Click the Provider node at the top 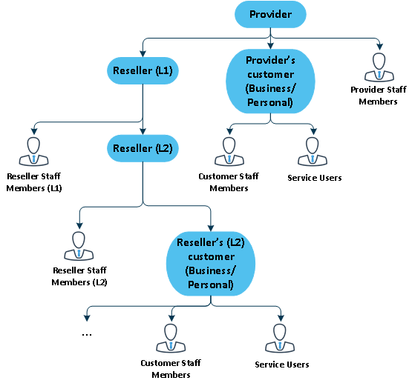click(270, 14)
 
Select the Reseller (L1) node click(143, 70)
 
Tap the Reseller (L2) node click(143, 148)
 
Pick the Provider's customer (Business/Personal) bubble click(270, 81)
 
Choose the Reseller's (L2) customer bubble click(211, 264)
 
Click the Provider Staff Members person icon click(379, 67)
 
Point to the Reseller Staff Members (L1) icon click(34, 151)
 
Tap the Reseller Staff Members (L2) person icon click(79, 246)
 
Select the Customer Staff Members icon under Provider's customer click(229, 151)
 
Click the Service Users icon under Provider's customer click(313, 151)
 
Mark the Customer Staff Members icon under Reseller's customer click(171, 339)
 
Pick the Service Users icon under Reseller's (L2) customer click(280, 339)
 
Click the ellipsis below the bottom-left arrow click(87, 335)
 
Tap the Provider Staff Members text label click(379, 96)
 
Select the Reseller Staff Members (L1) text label click(34, 182)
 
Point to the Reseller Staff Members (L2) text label click(79, 276)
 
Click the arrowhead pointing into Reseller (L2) click(143, 131)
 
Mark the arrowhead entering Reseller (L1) click(143, 54)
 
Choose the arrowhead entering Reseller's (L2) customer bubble click(211, 228)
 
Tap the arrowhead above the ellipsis click(87, 318)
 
